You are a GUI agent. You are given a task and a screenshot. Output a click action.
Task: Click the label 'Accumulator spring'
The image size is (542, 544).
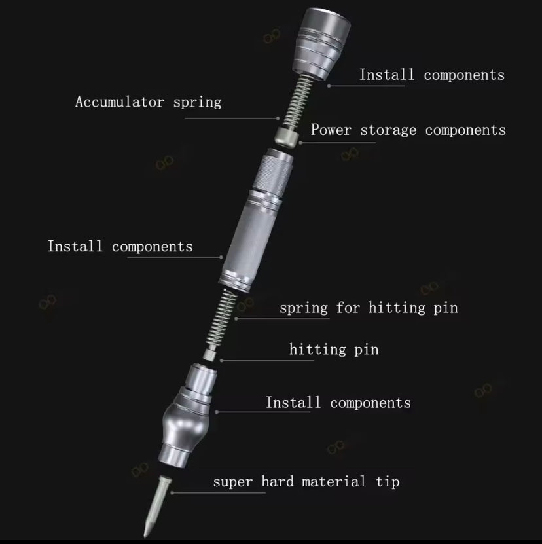[x=148, y=102]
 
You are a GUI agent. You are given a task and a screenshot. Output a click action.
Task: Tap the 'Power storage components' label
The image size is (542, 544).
[x=408, y=130]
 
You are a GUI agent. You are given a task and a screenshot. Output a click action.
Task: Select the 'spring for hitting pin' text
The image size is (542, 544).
[x=368, y=308]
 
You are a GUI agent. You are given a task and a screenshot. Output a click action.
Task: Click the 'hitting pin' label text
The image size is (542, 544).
[x=334, y=350]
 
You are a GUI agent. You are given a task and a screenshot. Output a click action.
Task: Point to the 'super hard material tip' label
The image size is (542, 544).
[x=306, y=482]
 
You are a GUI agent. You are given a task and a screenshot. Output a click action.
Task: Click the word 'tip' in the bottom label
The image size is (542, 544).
[x=386, y=482]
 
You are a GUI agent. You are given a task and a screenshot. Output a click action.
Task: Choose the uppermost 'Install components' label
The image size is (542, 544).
[x=431, y=75]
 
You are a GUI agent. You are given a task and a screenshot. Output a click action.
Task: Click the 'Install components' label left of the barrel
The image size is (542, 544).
[x=120, y=247]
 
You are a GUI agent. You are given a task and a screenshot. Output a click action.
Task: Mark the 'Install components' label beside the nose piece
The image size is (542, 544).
[x=338, y=403]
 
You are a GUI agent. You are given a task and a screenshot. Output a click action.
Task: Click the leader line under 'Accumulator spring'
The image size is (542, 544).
[x=232, y=118]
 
